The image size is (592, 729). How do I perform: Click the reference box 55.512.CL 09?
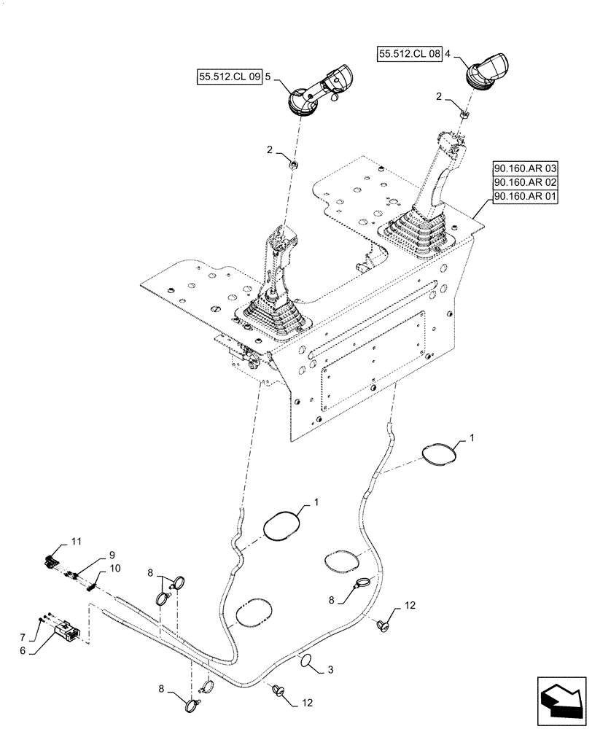point(229,75)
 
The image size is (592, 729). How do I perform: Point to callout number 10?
point(116,568)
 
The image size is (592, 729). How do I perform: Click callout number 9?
point(112,554)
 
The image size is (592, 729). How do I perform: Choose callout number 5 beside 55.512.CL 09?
point(269,75)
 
